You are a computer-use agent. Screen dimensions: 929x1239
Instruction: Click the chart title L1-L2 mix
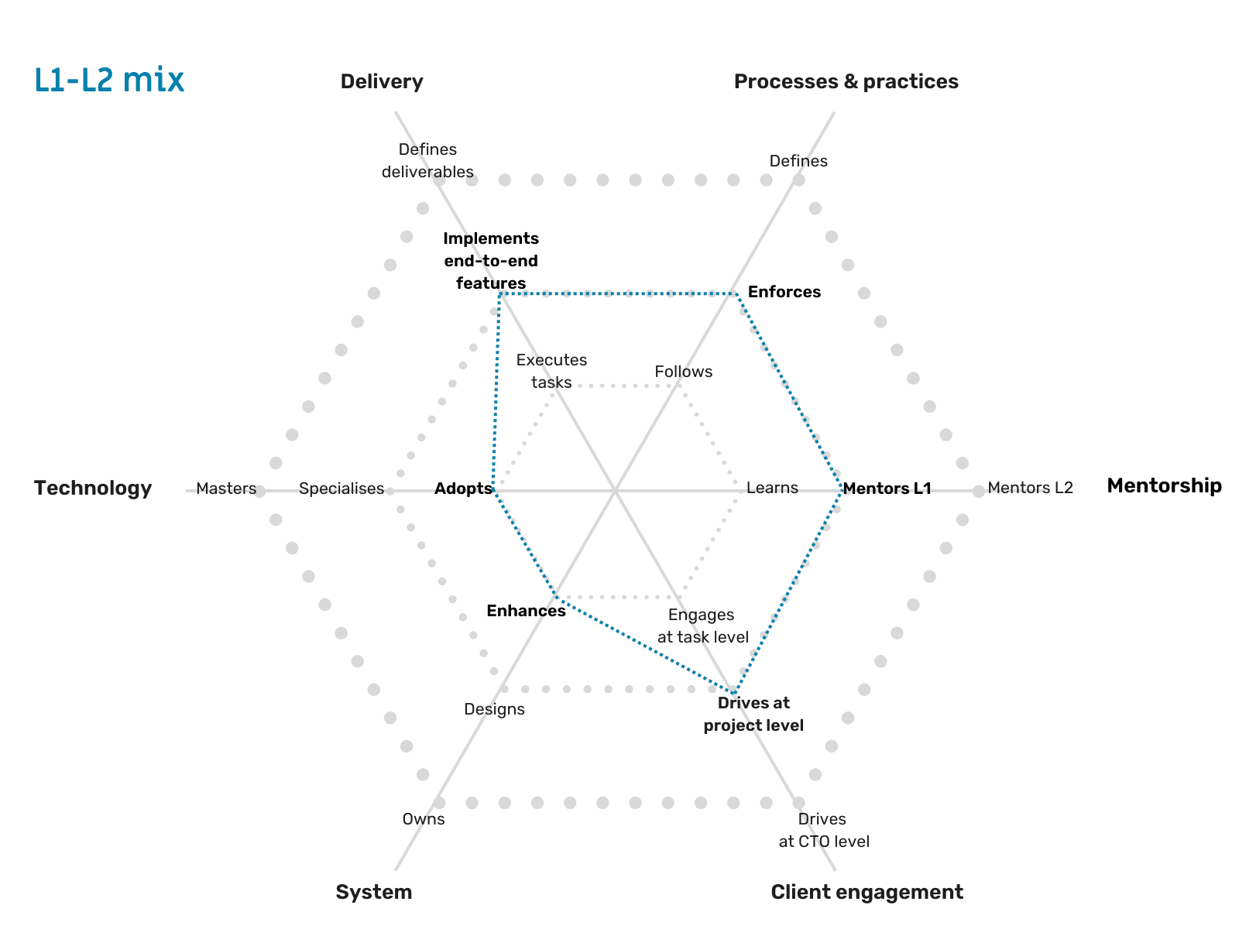pos(109,80)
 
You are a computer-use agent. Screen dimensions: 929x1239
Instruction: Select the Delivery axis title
pos(381,81)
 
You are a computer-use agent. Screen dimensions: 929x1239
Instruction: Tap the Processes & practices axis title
pos(846,81)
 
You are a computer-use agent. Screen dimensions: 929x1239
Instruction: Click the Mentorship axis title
pos(1163,485)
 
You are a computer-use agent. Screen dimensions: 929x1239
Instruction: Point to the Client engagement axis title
pos(867,892)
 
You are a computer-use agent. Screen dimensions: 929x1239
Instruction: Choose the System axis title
pos(373,892)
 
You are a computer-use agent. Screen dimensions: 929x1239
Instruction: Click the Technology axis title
pos(93,488)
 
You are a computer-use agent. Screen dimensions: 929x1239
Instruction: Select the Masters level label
pos(225,488)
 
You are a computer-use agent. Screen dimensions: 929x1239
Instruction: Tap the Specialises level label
pos(341,488)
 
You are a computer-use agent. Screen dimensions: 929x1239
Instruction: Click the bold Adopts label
pos(463,488)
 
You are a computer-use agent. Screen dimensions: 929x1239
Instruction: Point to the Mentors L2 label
pos(1030,488)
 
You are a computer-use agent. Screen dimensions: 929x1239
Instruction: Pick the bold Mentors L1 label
pos(887,488)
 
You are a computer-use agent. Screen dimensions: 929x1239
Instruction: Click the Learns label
pos(772,488)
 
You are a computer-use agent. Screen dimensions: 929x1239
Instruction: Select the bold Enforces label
pos(784,292)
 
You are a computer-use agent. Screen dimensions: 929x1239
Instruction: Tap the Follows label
pos(683,372)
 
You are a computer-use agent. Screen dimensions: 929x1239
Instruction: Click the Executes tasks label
pos(551,371)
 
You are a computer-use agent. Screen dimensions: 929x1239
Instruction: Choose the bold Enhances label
pos(526,611)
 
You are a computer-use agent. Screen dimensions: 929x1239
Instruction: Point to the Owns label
pos(424,819)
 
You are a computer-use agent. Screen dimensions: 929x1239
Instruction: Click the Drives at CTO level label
pos(823,830)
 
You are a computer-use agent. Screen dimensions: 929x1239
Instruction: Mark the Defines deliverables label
pos(427,160)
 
